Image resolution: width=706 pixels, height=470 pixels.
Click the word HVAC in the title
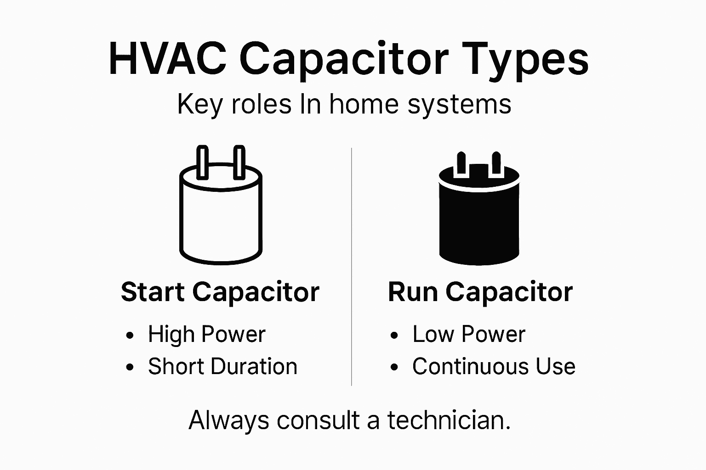pyautogui.click(x=167, y=60)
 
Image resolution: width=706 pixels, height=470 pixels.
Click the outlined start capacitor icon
pyautogui.click(x=221, y=216)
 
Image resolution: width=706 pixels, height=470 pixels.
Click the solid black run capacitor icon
pyautogui.click(x=479, y=220)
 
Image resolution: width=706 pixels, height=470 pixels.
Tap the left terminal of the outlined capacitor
pyautogui.click(x=203, y=162)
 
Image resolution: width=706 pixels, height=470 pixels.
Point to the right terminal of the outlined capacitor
pyautogui.click(x=239, y=162)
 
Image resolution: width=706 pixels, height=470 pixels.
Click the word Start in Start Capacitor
pyautogui.click(x=153, y=292)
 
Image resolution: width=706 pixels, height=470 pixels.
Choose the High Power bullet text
pyautogui.click(x=206, y=334)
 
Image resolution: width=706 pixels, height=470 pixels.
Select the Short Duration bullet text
pyautogui.click(x=222, y=366)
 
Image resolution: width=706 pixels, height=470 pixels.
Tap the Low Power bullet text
pyautogui.click(x=468, y=334)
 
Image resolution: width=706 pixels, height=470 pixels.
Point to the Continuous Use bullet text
pyautogui.click(x=494, y=366)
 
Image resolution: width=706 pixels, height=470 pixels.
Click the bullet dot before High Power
pyautogui.click(x=130, y=335)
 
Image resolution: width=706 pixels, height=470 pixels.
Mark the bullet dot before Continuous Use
pyautogui.click(x=394, y=367)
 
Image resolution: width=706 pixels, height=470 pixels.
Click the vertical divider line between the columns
pyautogui.click(x=352, y=266)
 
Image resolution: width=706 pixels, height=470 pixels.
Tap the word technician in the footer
pyautogui.click(x=449, y=420)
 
